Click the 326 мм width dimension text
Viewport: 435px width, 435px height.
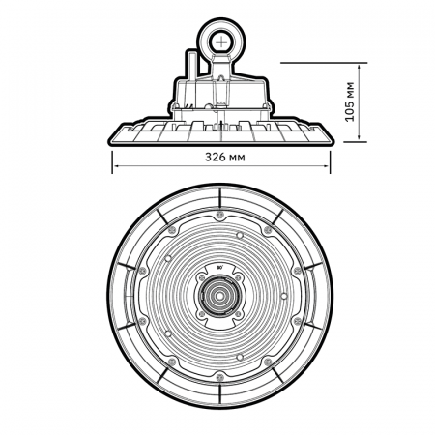(x=222, y=156)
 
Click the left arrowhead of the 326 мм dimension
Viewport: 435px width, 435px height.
(x=117, y=165)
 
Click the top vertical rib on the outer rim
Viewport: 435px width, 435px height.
(x=220, y=197)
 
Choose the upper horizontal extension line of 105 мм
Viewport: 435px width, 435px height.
(x=319, y=65)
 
